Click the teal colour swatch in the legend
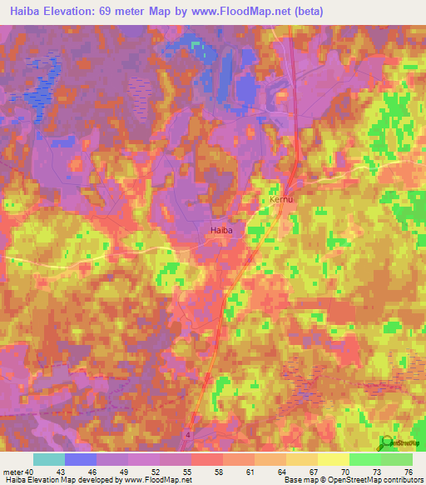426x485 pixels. click(49, 459)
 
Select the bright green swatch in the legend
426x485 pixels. click(364, 459)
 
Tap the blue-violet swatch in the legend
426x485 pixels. click(81, 459)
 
